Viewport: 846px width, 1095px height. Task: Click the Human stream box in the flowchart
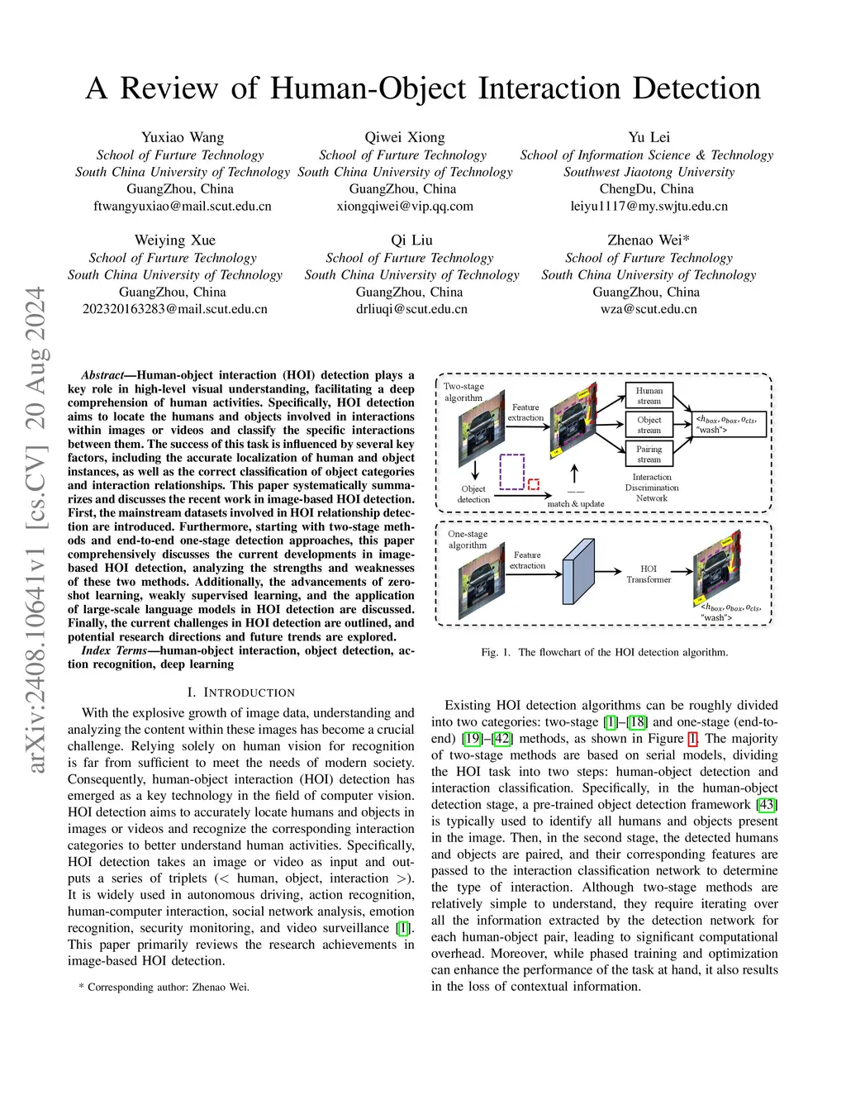coord(649,396)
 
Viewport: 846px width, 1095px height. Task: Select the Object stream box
coord(649,425)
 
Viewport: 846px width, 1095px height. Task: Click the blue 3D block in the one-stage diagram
coord(578,571)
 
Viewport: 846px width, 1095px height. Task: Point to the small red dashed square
coord(534,484)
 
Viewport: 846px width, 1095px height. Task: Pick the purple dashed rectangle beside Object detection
coord(512,471)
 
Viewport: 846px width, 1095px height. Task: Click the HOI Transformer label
coord(649,574)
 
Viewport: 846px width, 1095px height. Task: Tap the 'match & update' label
coord(576,503)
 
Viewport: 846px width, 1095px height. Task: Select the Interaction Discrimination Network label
coord(652,488)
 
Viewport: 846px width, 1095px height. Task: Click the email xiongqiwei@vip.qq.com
coord(405,207)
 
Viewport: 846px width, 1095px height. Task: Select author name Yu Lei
coord(649,137)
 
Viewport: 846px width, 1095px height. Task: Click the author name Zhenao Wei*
coord(649,240)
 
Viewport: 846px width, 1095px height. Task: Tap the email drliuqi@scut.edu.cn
coord(411,309)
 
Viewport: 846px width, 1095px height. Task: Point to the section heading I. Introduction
coord(240,693)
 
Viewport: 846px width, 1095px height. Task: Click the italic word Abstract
coord(102,375)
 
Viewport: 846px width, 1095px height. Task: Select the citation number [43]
coord(768,805)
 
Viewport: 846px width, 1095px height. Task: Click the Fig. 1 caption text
coord(605,652)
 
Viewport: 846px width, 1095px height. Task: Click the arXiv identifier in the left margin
coord(36,529)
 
